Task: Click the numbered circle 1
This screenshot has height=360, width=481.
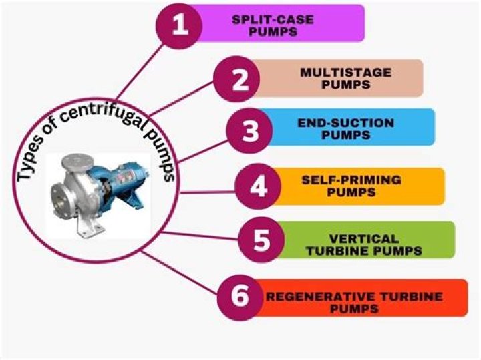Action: pyautogui.click(x=179, y=26)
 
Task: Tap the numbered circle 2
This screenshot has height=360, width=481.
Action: pyautogui.click(x=236, y=79)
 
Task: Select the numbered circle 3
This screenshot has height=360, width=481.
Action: pyautogui.click(x=249, y=131)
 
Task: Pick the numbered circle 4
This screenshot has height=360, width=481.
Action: pyautogui.click(x=258, y=186)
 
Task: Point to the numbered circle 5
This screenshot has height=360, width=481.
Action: pyautogui.click(x=262, y=240)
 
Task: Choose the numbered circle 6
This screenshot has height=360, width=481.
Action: pyautogui.click(x=240, y=297)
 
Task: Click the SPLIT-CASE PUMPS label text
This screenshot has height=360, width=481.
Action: pyautogui.click(x=273, y=26)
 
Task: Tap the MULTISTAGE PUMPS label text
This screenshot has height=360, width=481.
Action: pyautogui.click(x=346, y=79)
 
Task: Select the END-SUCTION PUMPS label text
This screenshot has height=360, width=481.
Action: pyautogui.click(x=346, y=129)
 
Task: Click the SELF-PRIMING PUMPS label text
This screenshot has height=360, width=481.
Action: pyautogui.click(x=351, y=186)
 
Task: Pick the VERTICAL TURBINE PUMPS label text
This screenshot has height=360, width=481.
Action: pyautogui.click(x=364, y=245)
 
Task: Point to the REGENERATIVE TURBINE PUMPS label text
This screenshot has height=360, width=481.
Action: pyautogui.click(x=354, y=303)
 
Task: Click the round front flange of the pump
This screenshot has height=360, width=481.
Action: pyautogui.click(x=62, y=200)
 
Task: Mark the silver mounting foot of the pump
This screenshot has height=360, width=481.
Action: pyautogui.click(x=90, y=225)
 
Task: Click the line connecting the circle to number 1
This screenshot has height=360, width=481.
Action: pyautogui.click(x=140, y=71)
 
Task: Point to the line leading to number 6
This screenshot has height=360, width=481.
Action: pyautogui.click(x=180, y=273)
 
